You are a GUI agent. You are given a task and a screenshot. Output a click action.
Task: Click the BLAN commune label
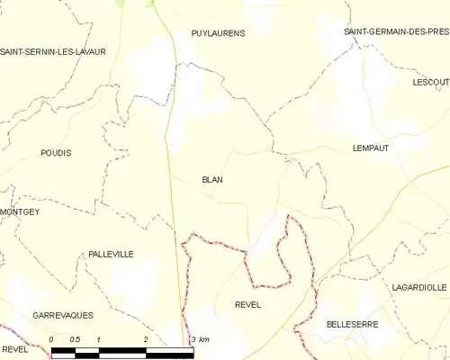pyautogui.click(x=212, y=179)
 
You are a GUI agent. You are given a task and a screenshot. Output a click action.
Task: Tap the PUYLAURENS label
pyautogui.click(x=218, y=32)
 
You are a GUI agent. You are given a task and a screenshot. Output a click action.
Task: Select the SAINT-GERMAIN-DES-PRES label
pyautogui.click(x=396, y=31)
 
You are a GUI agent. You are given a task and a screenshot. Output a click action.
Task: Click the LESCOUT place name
pyautogui.click(x=430, y=82)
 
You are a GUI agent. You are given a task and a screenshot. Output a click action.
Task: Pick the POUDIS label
pyautogui.click(x=56, y=153)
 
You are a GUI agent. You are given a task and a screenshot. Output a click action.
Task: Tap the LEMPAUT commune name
pyautogui.click(x=370, y=148)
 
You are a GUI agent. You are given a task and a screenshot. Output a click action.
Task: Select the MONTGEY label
pyautogui.click(x=20, y=211)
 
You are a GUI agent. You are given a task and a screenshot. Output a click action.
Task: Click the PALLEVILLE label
pyautogui.click(x=111, y=255)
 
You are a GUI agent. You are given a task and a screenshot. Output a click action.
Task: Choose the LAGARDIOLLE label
pyautogui.click(x=419, y=287)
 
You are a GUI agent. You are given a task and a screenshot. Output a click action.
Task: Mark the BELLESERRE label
pyautogui.click(x=352, y=323)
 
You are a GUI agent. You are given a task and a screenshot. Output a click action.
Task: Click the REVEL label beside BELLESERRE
pyautogui.click(x=247, y=305)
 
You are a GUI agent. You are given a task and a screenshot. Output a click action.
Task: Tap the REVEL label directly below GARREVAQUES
pyautogui.click(x=16, y=347)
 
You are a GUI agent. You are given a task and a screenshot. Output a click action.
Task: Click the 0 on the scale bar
pyautogui.click(x=51, y=339)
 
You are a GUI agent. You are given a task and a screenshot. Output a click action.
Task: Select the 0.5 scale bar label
pyautogui.click(x=75, y=339)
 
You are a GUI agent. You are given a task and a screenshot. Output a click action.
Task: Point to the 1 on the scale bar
pyautogui.click(x=98, y=339)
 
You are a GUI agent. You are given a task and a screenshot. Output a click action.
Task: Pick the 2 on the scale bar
pyautogui.click(x=145, y=339)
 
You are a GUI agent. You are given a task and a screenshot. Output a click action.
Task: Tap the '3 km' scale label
pyautogui.click(x=200, y=339)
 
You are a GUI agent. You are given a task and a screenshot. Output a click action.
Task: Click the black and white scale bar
pyautogui.click(x=121, y=351)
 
